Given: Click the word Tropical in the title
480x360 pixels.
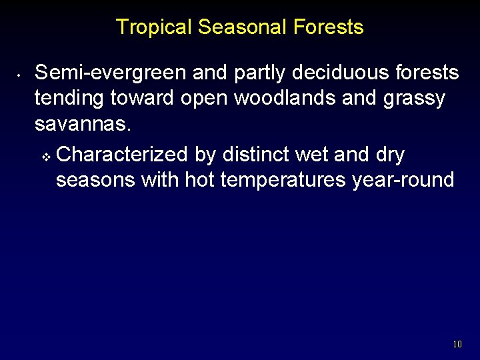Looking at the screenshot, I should pos(154,27).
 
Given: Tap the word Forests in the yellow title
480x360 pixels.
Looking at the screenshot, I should pos(331,27).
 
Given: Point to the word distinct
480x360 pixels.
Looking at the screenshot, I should pos(255,154).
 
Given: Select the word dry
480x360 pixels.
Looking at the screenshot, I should pos(390,154).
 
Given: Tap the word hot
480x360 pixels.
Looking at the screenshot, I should pos(200,180).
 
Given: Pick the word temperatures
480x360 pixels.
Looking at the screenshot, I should pos(281,180).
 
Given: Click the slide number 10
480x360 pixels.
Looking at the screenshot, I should pos(457,345).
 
